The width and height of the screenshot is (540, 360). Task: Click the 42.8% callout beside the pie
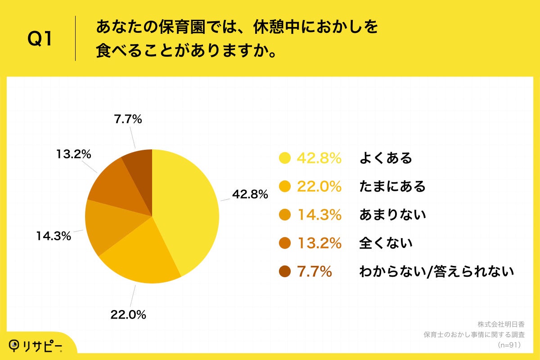click(250, 195)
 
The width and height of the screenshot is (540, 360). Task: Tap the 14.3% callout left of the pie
click(53, 236)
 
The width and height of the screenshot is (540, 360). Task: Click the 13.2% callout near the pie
click(74, 154)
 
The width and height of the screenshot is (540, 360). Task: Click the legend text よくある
click(386, 158)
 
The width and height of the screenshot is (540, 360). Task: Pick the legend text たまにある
click(392, 186)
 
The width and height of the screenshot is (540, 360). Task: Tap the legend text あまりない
click(392, 215)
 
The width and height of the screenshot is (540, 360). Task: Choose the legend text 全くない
click(386, 243)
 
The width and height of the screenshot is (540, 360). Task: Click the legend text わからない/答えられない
click(436, 272)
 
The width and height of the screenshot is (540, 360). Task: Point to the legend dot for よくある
click(284, 158)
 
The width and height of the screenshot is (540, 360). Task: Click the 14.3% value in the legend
click(319, 215)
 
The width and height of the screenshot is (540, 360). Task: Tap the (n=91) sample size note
click(509, 345)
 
